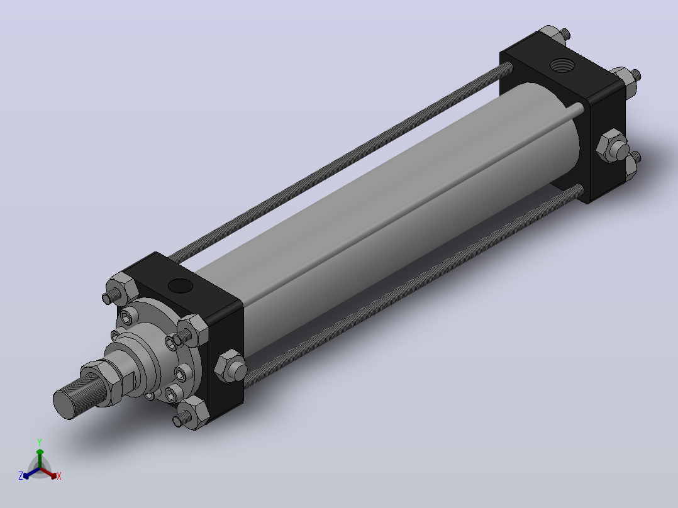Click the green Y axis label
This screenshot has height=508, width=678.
(40, 442)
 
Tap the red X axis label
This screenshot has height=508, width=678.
(59, 476)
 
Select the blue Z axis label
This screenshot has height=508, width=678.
(21, 475)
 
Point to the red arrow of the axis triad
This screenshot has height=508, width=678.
(49, 473)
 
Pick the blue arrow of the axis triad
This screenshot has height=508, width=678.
(31, 473)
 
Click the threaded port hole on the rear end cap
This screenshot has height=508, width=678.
(562, 65)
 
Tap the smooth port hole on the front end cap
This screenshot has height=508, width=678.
(181, 285)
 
